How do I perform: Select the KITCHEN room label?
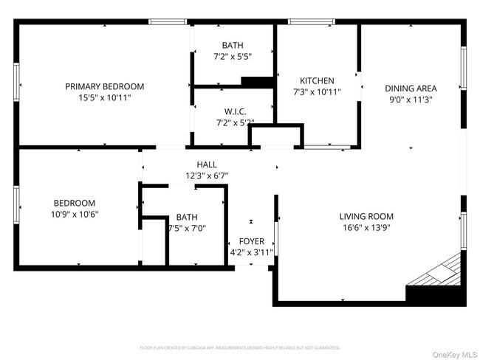click(x=317, y=81)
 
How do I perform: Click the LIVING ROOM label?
click(x=366, y=216)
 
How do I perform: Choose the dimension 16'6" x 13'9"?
click(x=366, y=227)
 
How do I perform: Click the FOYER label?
click(x=251, y=241)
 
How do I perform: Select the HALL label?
click(x=207, y=165)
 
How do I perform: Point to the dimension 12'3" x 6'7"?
click(x=207, y=176)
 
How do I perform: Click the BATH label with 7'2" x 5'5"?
click(x=233, y=45)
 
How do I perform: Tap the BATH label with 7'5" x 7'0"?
click(x=187, y=218)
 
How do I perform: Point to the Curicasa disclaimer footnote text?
click(x=240, y=347)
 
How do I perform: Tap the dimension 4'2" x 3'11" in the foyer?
click(x=251, y=252)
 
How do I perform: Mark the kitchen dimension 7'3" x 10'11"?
click(x=317, y=92)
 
